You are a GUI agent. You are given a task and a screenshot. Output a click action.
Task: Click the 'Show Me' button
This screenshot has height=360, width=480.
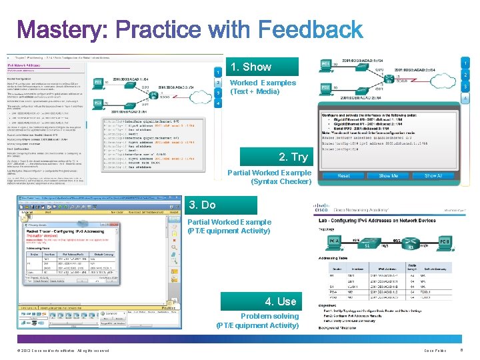pos(389,176)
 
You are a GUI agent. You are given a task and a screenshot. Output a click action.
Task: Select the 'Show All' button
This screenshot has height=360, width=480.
pos(434,176)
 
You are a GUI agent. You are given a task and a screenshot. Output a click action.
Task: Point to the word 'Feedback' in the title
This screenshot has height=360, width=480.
pos(310,30)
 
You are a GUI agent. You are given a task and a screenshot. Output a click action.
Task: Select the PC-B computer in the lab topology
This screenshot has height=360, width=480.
pos(445,241)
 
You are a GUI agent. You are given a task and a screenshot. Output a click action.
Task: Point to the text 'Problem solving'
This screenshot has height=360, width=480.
pos(269,316)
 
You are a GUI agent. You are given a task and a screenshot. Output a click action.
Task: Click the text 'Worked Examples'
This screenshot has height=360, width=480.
pos(263,83)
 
